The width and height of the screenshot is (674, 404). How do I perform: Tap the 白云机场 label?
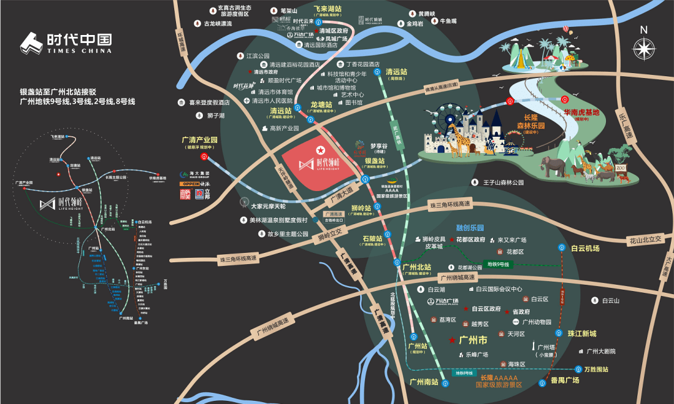click(585, 248)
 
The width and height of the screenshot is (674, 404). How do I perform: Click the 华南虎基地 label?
click(581, 113)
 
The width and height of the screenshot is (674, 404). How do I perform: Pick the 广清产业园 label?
click(199, 140)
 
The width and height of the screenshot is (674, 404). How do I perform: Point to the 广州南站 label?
click(424, 380)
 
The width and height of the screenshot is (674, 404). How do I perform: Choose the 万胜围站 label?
click(592, 369)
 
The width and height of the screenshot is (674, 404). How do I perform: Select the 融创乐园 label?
click(470, 229)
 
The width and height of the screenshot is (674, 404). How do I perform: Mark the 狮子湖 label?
click(213, 116)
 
